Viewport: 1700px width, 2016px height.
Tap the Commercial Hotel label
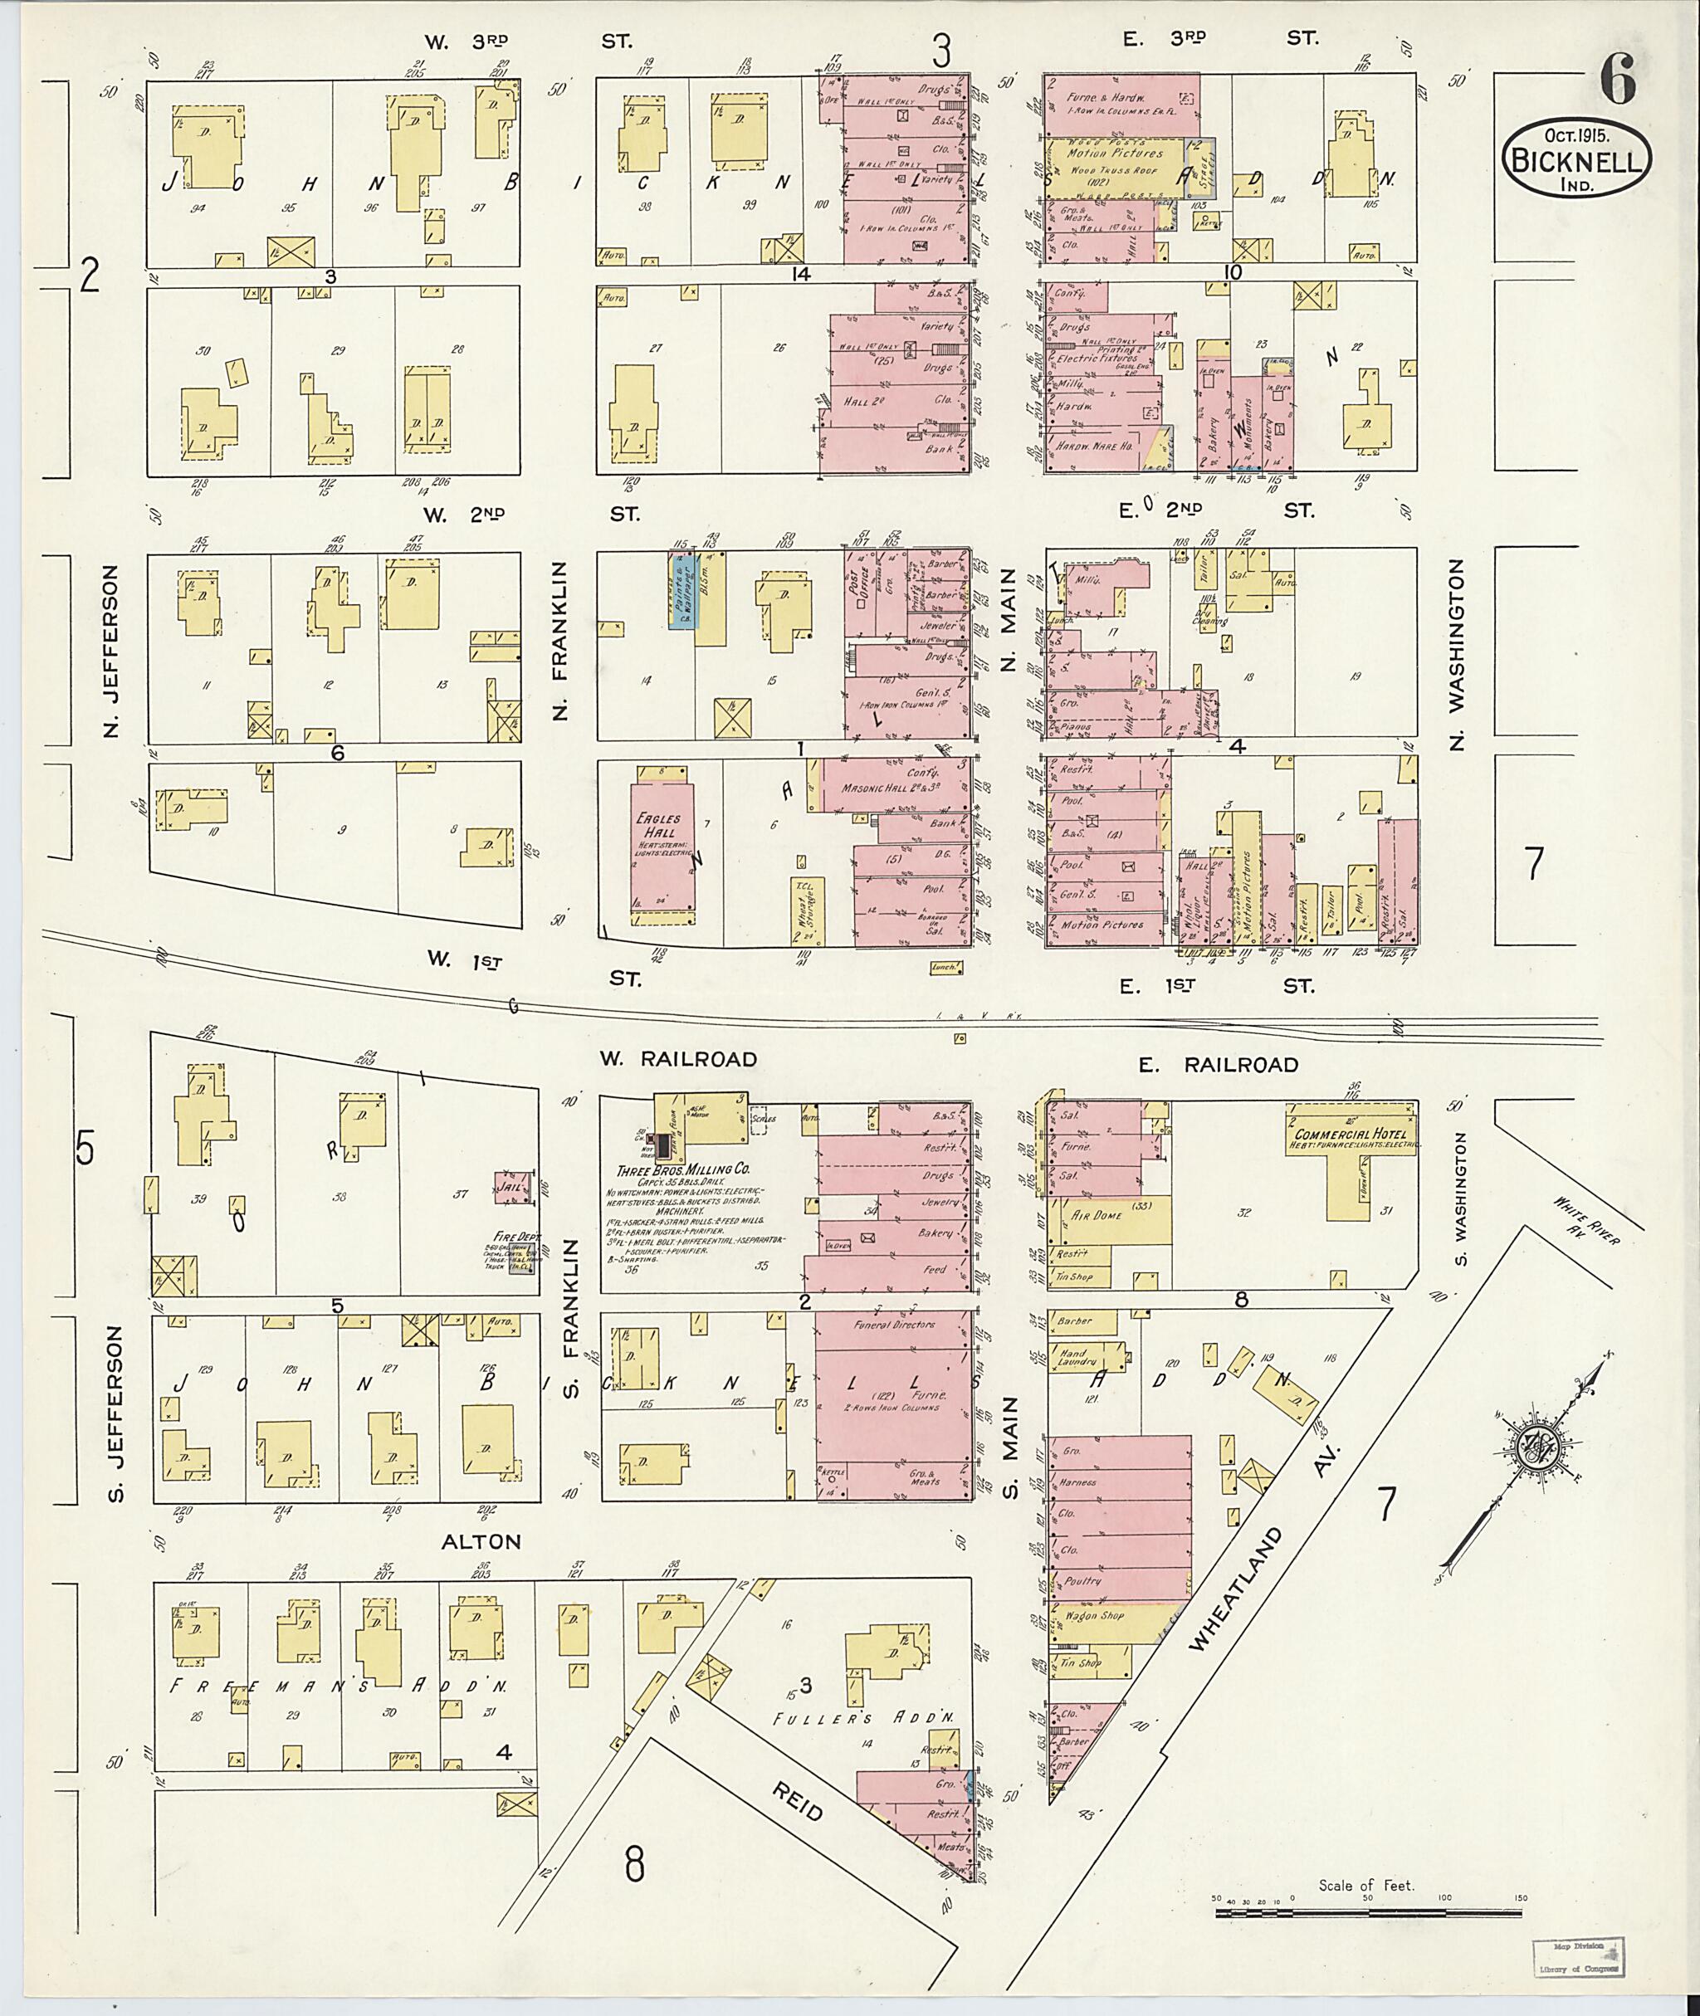(1351, 1135)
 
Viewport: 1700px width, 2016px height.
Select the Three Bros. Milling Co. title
(684, 1169)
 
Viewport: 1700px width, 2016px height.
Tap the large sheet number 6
(1618, 79)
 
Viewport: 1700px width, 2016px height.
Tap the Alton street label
(481, 1542)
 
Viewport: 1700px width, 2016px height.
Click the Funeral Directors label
(893, 1325)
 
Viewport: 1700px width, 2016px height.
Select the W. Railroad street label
(678, 1059)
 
